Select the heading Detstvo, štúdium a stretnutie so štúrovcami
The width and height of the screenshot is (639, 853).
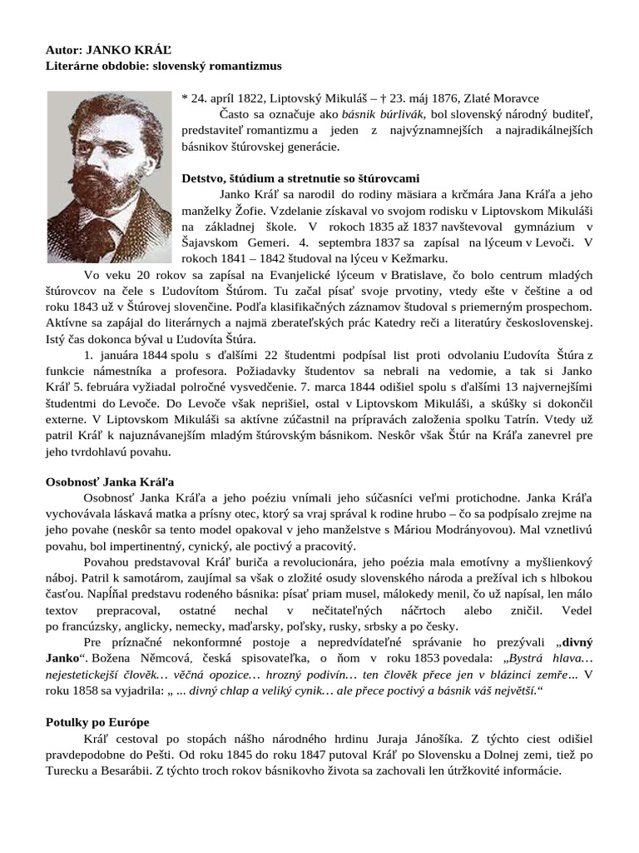[300, 178]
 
